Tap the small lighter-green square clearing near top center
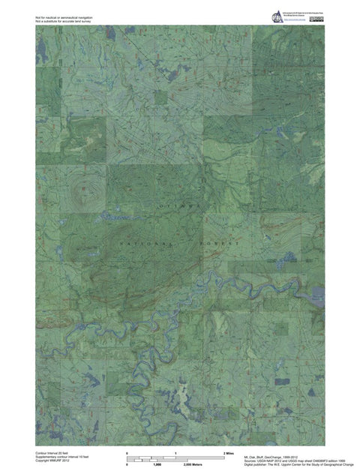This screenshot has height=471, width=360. click(160, 95)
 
